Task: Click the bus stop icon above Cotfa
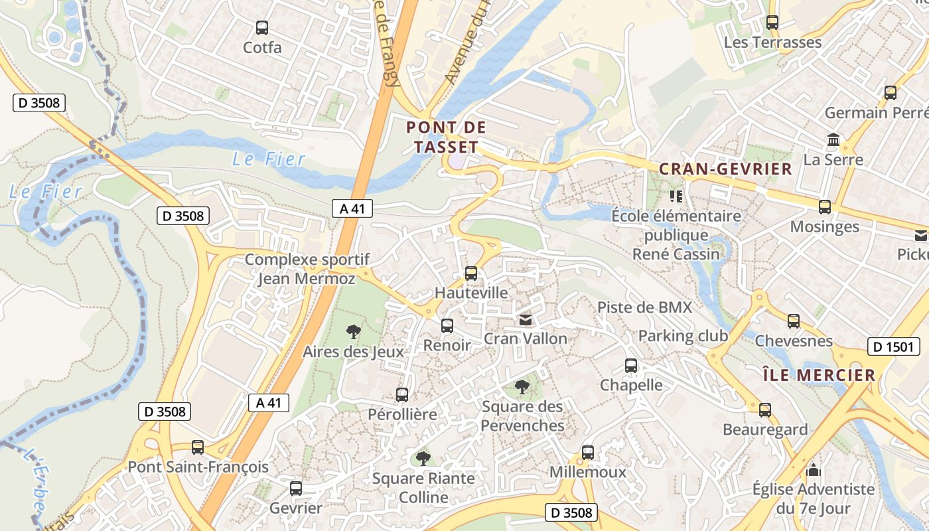click(262, 28)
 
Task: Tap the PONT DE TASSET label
click(446, 137)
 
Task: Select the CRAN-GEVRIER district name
click(725, 169)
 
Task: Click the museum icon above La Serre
click(833, 140)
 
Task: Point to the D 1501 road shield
click(893, 346)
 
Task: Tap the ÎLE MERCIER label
click(818, 375)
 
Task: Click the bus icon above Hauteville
click(470, 273)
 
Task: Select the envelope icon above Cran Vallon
click(526, 320)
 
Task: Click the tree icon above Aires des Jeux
click(353, 331)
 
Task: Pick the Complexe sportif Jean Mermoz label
click(307, 269)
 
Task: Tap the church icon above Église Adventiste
click(813, 471)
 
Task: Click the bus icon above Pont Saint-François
click(198, 447)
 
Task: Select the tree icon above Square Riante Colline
click(423, 458)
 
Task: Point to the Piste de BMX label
click(644, 307)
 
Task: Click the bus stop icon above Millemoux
click(587, 453)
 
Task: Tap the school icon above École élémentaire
click(676, 196)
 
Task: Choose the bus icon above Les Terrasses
click(772, 23)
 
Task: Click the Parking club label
click(683, 336)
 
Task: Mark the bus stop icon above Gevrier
click(296, 489)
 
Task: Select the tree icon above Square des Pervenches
click(522, 386)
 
